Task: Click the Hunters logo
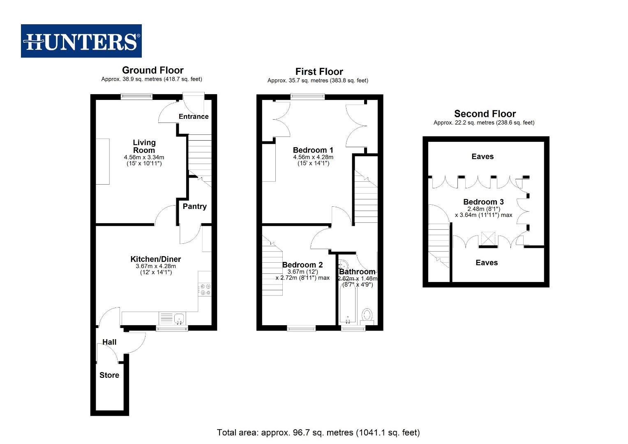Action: pos(81,41)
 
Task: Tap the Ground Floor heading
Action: pos(152,70)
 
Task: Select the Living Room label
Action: pos(144,146)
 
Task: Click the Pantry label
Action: pos(194,206)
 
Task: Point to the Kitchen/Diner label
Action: pos(155,259)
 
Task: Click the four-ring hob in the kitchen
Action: pos(204,289)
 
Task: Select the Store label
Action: pos(109,375)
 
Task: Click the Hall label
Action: pos(109,342)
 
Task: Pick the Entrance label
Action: pos(194,116)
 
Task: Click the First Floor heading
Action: pos(319,72)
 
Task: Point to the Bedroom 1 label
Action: pos(313,150)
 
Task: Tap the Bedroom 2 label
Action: pos(302,265)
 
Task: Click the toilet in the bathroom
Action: pos(367,316)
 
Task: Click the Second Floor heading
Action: pos(485,114)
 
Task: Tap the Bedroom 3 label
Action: pos(483,202)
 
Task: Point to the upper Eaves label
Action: pos(483,156)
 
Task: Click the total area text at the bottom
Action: pos(318,432)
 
